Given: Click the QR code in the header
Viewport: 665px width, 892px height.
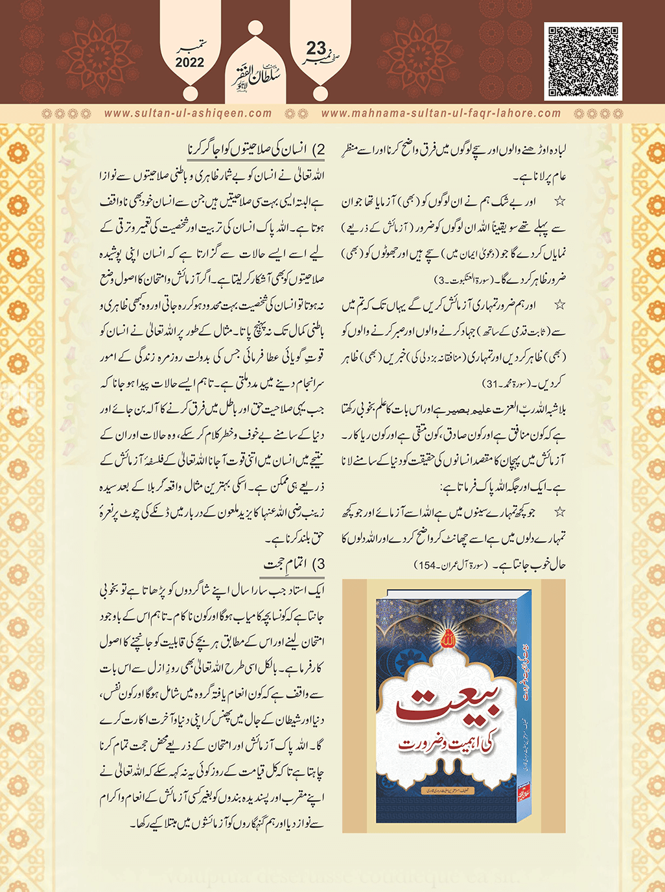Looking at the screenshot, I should [x=583, y=61].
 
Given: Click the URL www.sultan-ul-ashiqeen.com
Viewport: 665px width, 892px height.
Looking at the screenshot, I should [x=188, y=113].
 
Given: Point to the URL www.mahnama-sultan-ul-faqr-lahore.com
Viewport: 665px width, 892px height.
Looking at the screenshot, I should [x=441, y=113].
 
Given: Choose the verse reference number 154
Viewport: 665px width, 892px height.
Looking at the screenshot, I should [x=428, y=565].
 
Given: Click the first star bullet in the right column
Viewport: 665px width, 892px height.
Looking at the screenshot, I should [x=559, y=202].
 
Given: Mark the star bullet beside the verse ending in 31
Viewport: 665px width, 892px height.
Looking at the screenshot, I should [x=559, y=304].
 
